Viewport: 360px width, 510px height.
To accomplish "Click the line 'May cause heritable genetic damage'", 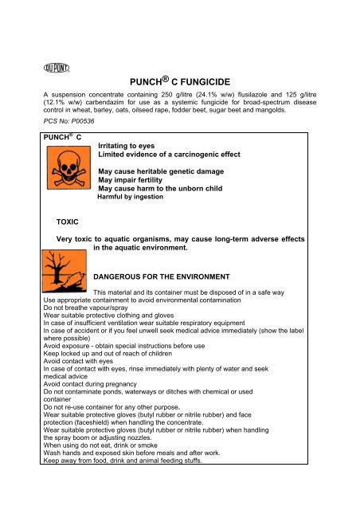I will [x=160, y=171].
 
